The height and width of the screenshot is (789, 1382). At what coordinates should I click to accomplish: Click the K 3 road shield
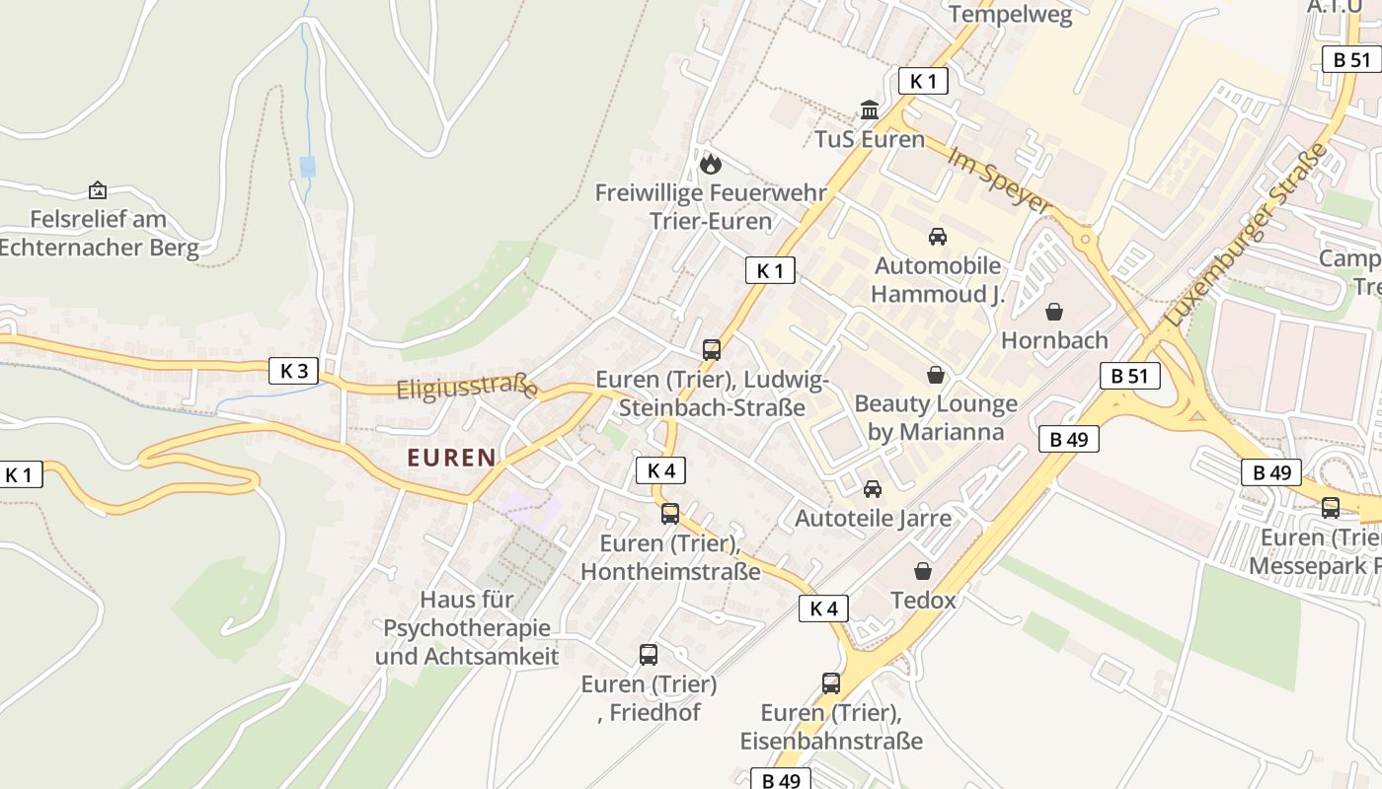click(x=294, y=371)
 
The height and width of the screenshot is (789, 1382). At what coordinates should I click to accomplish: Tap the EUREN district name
click(x=451, y=458)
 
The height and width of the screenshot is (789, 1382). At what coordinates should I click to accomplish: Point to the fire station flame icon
click(x=711, y=164)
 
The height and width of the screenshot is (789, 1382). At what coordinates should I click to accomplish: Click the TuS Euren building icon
click(x=870, y=109)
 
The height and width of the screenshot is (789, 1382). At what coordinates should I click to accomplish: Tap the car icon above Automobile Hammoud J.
click(x=937, y=237)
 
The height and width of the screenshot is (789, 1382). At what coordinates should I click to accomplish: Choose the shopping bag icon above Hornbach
click(x=1054, y=312)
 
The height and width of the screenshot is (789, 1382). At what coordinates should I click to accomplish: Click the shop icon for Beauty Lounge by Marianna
click(x=935, y=375)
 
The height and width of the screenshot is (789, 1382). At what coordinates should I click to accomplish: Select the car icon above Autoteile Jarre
click(x=872, y=489)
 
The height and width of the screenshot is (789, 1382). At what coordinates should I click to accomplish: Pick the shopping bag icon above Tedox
click(x=923, y=571)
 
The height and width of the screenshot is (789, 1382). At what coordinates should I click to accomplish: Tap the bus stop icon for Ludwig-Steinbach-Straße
click(x=711, y=349)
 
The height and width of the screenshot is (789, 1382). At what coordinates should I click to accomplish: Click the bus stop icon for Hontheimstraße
click(x=670, y=514)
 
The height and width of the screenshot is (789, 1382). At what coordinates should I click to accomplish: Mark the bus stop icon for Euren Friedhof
click(x=649, y=655)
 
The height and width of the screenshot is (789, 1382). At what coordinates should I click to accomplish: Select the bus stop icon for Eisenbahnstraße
click(x=831, y=683)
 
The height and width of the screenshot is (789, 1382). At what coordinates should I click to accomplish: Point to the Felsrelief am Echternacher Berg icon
click(x=98, y=190)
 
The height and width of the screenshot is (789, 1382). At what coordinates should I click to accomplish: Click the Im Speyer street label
click(x=999, y=180)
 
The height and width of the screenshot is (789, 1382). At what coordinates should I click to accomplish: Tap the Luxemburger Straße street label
click(x=1247, y=235)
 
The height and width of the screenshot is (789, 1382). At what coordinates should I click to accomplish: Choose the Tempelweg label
click(x=1010, y=15)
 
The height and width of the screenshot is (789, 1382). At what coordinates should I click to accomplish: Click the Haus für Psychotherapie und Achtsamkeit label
click(x=467, y=627)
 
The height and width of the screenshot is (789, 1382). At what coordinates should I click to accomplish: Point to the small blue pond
click(x=308, y=166)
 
